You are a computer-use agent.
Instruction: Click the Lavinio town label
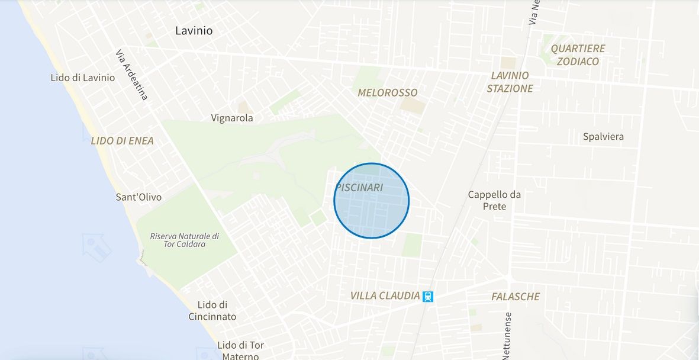click(x=194, y=30)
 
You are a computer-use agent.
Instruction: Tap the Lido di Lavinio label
click(x=83, y=78)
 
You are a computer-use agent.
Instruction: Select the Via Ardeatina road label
click(x=132, y=75)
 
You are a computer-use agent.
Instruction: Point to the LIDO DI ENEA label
click(x=122, y=141)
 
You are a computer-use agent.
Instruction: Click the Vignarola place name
click(x=232, y=118)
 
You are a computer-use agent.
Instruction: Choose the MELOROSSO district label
click(x=388, y=92)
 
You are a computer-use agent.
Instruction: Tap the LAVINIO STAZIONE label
click(x=510, y=82)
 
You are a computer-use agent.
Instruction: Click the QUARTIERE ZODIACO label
click(x=578, y=54)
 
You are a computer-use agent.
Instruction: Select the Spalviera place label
click(x=603, y=137)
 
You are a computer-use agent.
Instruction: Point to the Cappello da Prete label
click(x=494, y=200)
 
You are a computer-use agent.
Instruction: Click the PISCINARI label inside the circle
click(x=359, y=187)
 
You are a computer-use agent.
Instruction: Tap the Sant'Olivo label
click(x=138, y=197)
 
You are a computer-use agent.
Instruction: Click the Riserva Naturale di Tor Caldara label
click(x=184, y=240)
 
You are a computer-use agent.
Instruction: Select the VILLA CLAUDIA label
click(x=385, y=295)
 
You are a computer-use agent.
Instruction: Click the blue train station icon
click(x=428, y=296)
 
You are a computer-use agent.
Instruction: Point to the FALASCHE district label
click(x=516, y=297)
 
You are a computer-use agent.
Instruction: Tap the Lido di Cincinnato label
click(x=212, y=311)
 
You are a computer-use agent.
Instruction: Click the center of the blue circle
click(x=372, y=201)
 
